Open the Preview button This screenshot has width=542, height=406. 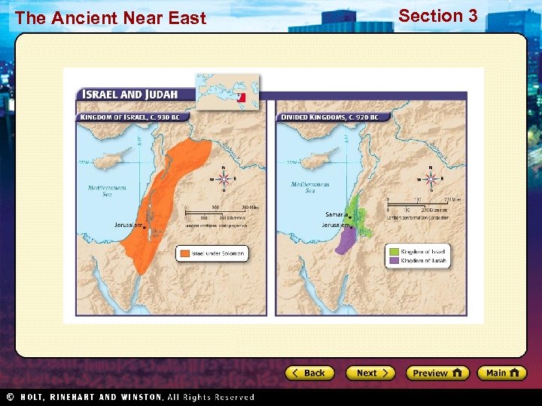(437, 373)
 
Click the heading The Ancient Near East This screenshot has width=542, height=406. (110, 18)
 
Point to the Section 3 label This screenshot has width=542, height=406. (437, 16)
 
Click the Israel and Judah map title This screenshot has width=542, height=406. (129, 95)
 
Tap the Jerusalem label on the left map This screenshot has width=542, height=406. (128, 225)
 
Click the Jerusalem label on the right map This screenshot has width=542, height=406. (334, 225)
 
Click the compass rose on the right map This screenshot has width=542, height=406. (431, 179)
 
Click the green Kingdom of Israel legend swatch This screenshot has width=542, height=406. (392, 251)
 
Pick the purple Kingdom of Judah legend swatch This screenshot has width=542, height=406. (392, 261)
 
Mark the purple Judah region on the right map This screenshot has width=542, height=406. (346, 241)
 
